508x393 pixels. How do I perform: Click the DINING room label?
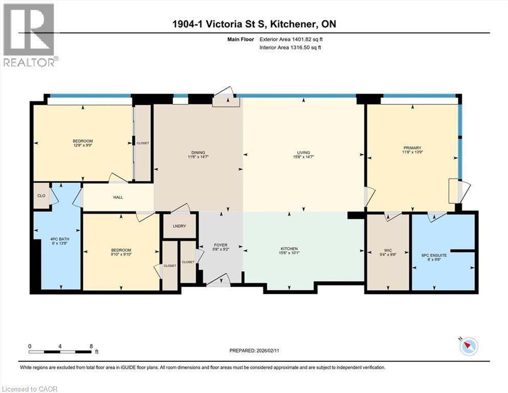pos(198,152)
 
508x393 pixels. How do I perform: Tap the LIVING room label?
pos(304,152)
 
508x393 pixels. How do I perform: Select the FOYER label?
pos(221,245)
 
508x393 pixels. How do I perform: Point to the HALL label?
pos(118,197)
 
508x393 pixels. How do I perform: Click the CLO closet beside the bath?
pos(41,195)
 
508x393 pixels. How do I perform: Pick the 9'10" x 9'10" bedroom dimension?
pos(121,254)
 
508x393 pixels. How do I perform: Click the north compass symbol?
pos(469,346)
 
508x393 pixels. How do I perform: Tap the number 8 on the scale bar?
pos(91,346)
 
